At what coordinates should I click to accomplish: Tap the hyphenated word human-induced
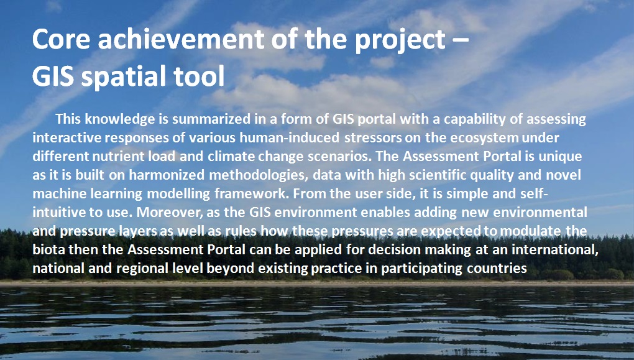click(289, 137)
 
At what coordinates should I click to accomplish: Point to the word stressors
click(373, 138)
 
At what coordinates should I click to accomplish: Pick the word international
click(555, 249)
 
